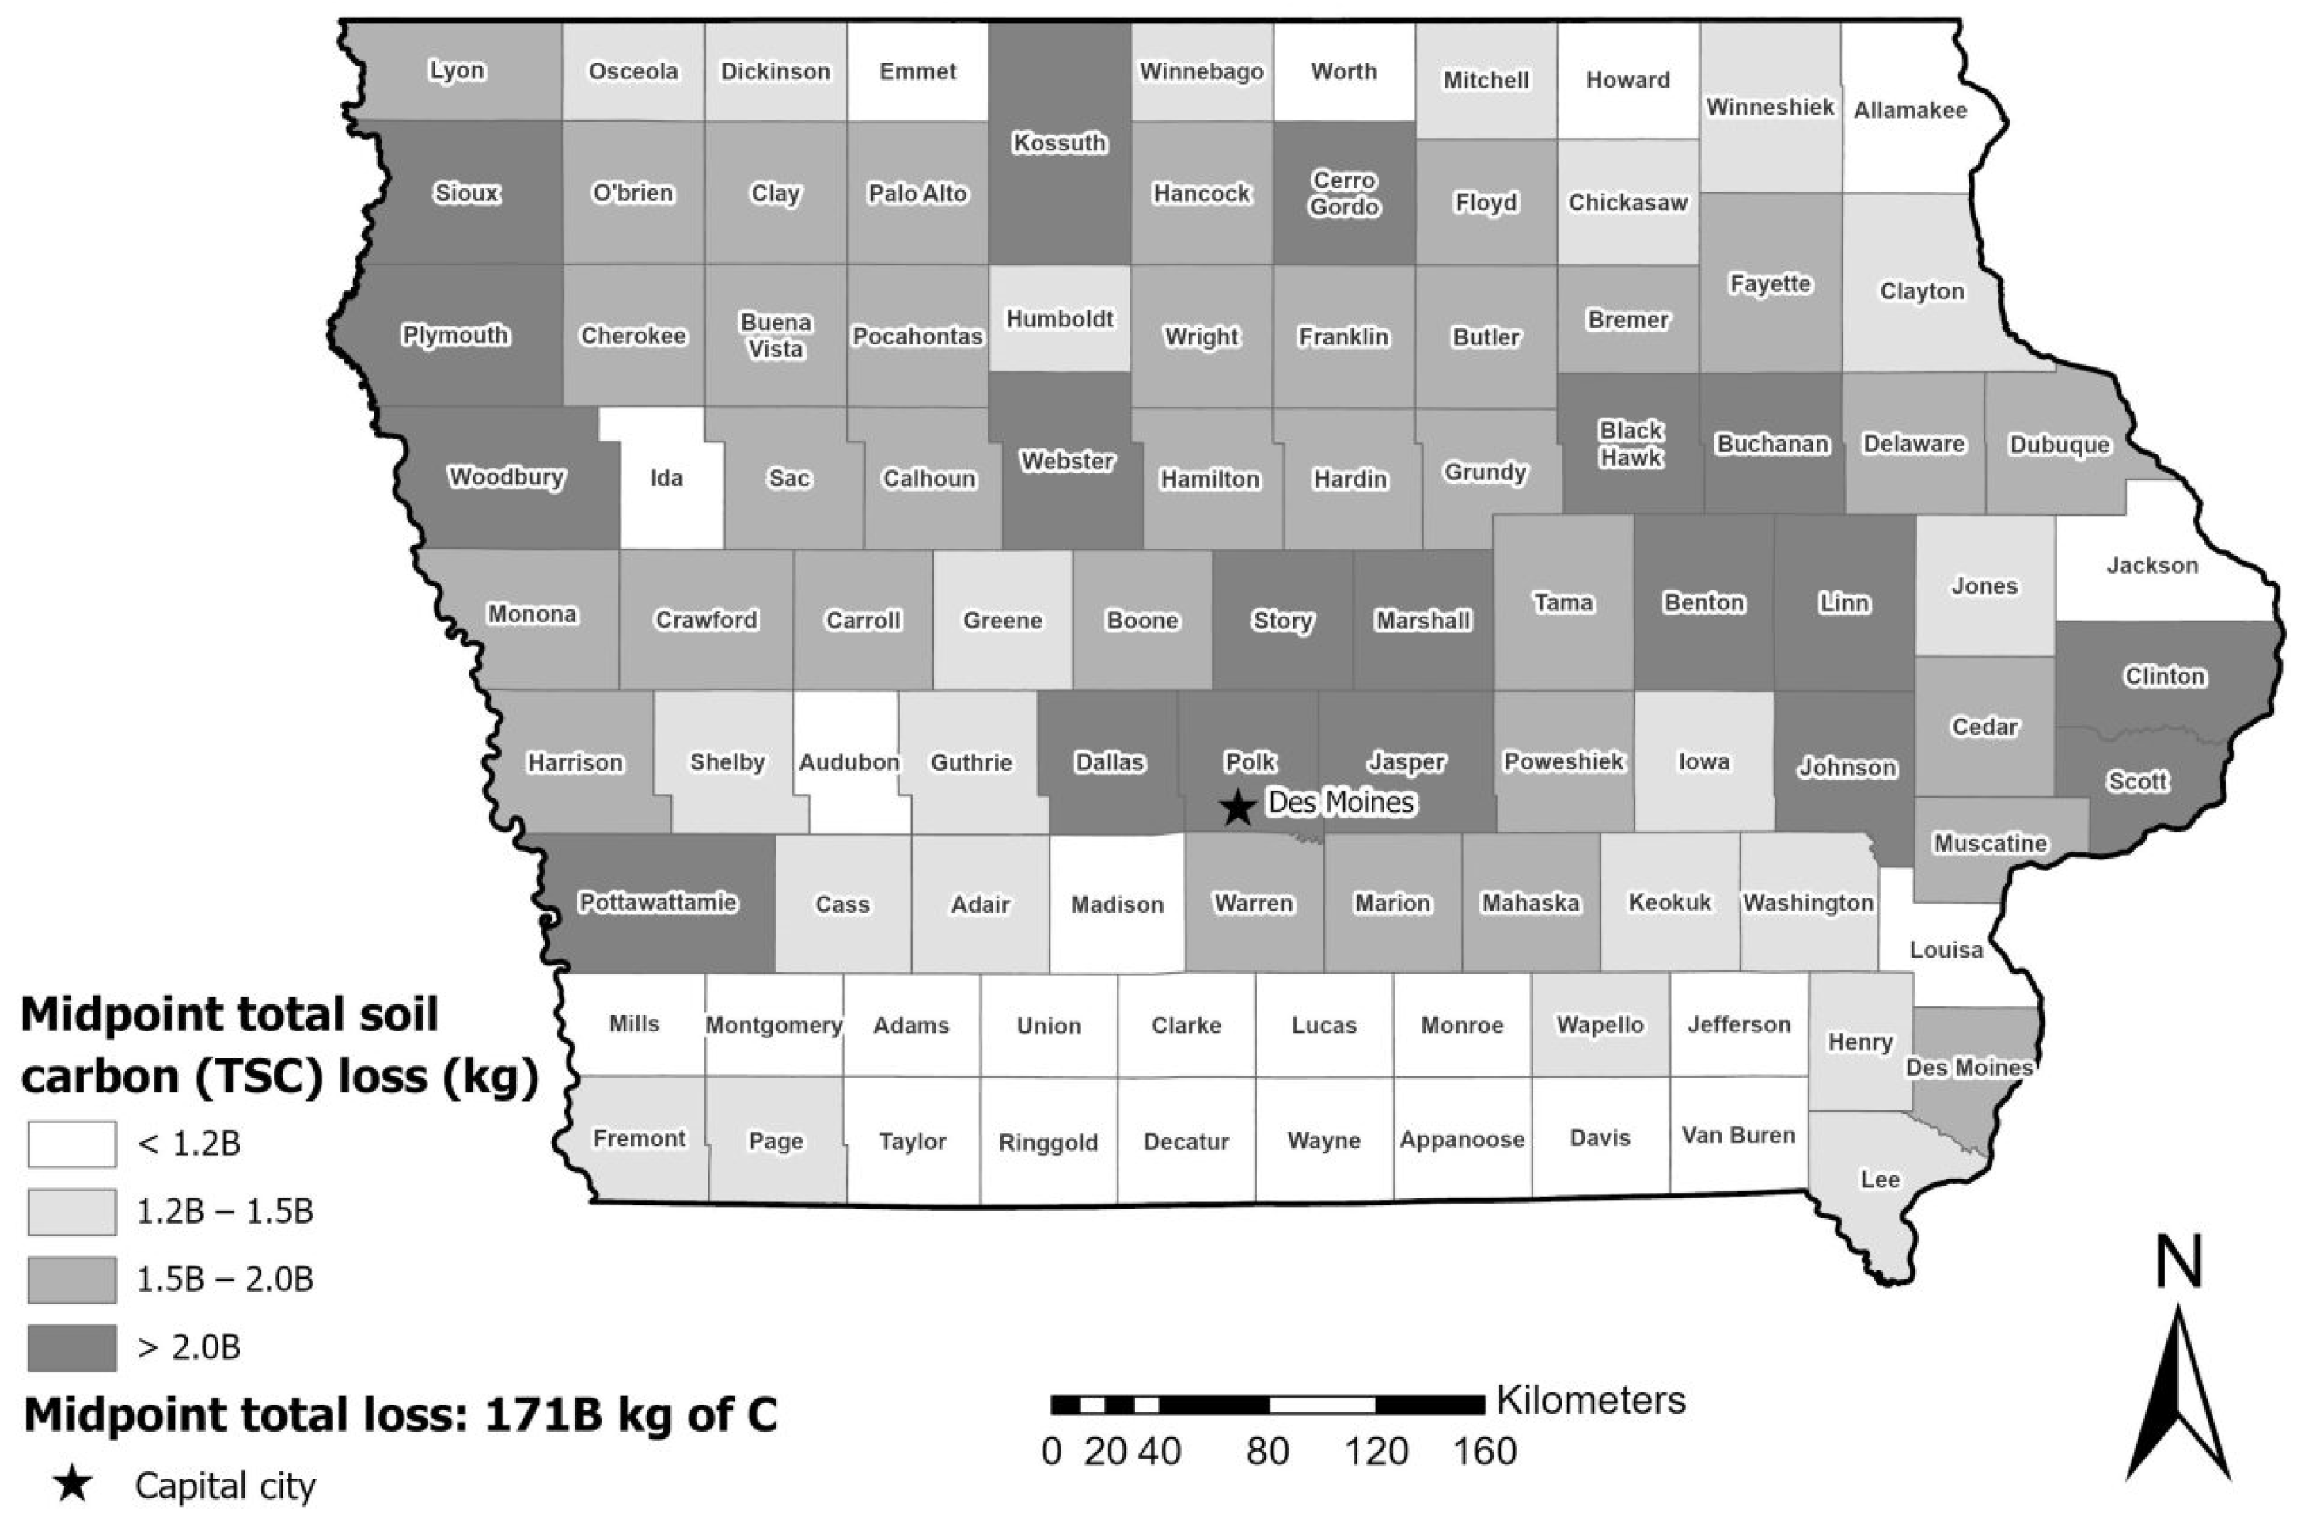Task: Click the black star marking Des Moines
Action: point(1237,807)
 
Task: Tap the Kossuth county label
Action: point(1059,143)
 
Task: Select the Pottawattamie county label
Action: point(658,902)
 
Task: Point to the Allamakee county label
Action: point(1910,110)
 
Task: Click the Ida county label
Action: point(666,478)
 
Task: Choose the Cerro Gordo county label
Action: point(1343,192)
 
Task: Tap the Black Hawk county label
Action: point(1631,444)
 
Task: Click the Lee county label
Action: point(1879,1179)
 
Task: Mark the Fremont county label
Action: point(640,1137)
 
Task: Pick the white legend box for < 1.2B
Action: point(72,1144)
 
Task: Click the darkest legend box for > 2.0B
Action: point(72,1348)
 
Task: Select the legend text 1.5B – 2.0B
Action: point(225,1279)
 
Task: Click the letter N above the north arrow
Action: point(2178,1263)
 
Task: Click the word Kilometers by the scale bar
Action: point(1590,1400)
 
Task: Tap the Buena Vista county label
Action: point(776,335)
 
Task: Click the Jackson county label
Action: point(2152,565)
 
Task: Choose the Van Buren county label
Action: point(1738,1136)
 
